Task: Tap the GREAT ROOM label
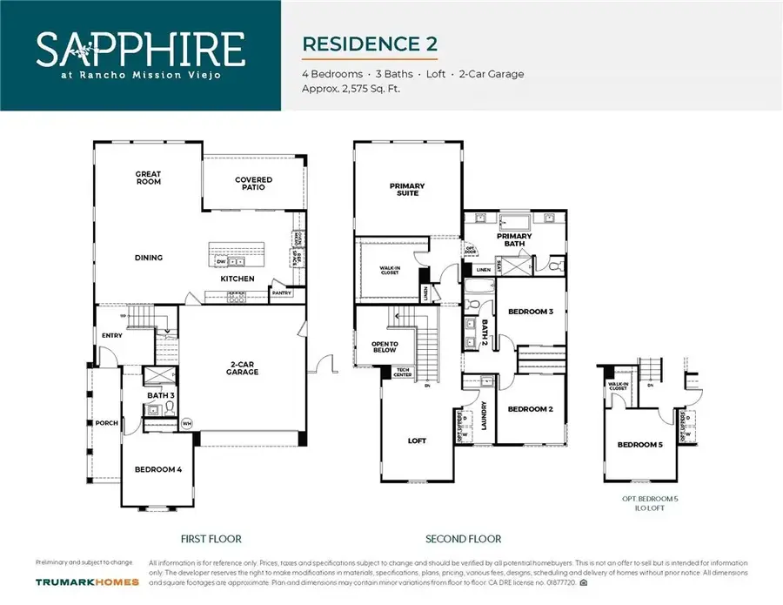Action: (x=148, y=178)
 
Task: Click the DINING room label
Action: (x=149, y=258)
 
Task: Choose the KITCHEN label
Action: (x=237, y=279)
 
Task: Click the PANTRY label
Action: (x=282, y=294)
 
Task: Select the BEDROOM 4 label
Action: (x=157, y=470)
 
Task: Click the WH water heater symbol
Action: (x=186, y=424)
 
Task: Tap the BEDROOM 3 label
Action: (x=530, y=312)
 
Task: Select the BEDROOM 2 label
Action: (x=530, y=409)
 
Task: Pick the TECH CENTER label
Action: (x=404, y=373)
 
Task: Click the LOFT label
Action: (x=418, y=440)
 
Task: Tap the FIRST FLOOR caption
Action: (x=211, y=539)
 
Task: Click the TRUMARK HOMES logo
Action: (x=84, y=580)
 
